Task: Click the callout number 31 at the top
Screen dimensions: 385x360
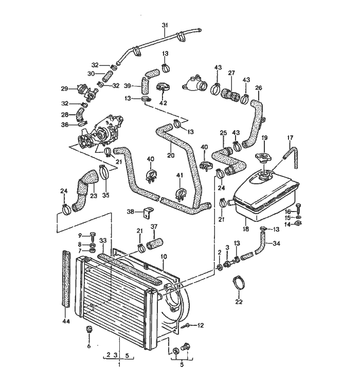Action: click(x=165, y=25)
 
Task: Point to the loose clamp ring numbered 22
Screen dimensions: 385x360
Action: click(x=238, y=283)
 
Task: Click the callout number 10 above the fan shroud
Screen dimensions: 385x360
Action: click(x=163, y=256)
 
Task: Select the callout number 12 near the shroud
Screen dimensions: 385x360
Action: click(x=201, y=325)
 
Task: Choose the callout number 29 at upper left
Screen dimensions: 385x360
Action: click(x=65, y=88)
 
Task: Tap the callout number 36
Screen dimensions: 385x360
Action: click(x=65, y=124)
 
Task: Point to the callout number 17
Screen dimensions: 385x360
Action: click(x=290, y=137)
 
